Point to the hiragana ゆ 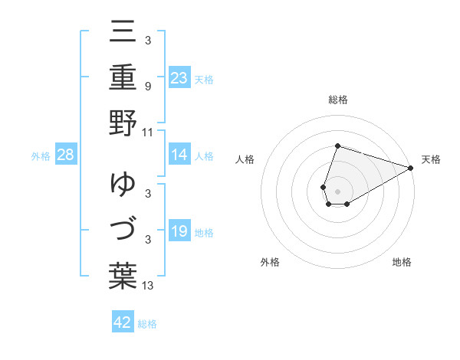point(123,185)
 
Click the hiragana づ point(123,230)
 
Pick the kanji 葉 point(123,274)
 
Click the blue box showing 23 point(179,77)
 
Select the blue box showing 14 point(179,155)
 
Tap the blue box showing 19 point(179,231)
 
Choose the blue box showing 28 point(66,155)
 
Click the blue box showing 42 point(123,322)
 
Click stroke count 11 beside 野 point(147,132)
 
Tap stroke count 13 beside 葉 point(147,286)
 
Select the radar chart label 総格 point(338,100)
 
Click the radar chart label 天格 point(431,159)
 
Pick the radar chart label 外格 point(270,262)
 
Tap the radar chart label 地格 point(402,262)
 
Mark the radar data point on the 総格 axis point(337,146)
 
